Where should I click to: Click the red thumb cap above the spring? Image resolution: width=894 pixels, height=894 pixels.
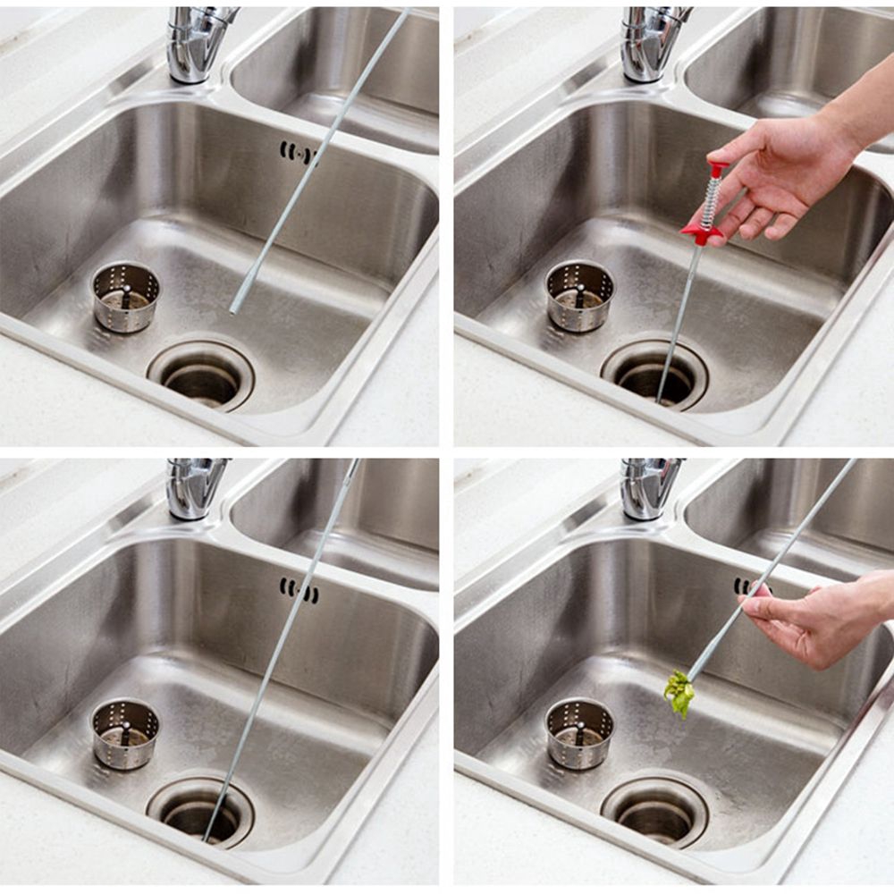717,168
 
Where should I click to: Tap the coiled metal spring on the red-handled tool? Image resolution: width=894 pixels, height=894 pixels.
711,201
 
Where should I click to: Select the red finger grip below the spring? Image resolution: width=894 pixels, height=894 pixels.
702,234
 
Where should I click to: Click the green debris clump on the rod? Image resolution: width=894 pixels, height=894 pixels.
679,692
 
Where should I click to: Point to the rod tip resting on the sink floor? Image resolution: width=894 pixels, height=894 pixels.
234,308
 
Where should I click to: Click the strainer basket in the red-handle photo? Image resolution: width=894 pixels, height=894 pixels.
579,296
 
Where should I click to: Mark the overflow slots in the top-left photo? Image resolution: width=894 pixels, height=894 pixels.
298,153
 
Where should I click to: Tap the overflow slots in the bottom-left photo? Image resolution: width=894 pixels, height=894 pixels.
298,590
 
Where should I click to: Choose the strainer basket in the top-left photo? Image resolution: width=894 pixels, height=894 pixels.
126,296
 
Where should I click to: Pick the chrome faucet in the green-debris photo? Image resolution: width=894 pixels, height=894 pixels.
651,487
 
